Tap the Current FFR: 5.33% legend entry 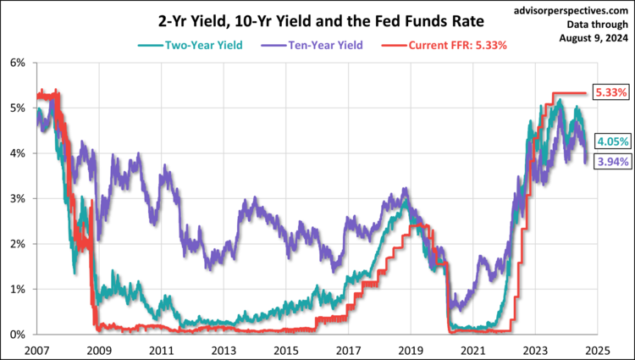coord(446,44)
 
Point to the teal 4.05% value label coord(610,141)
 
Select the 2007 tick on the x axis coord(36,349)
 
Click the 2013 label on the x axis coord(223,349)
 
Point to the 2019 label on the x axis coord(411,349)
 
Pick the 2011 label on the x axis coord(161,349)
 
